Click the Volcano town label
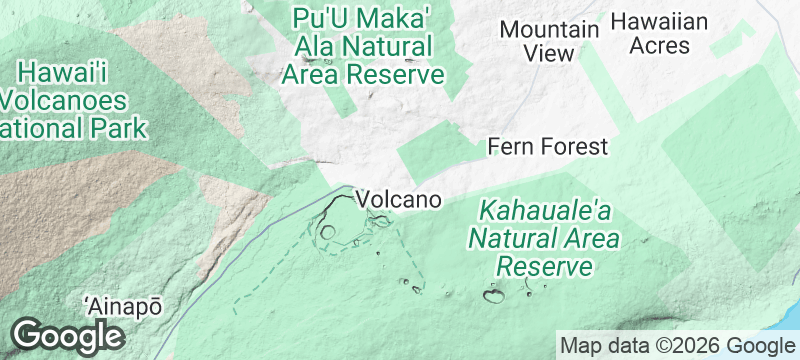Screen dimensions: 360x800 399,200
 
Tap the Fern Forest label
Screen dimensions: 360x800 547,147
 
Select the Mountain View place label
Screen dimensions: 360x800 549,41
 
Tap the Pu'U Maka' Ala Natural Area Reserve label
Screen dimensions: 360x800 363,46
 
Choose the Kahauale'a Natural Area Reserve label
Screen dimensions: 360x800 545,239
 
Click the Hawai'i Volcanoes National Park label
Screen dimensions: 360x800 70,100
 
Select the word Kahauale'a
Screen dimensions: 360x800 545,212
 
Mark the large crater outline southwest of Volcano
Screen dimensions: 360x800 328,231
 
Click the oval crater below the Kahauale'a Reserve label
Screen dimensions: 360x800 494,295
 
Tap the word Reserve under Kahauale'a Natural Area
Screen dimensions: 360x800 545,266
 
